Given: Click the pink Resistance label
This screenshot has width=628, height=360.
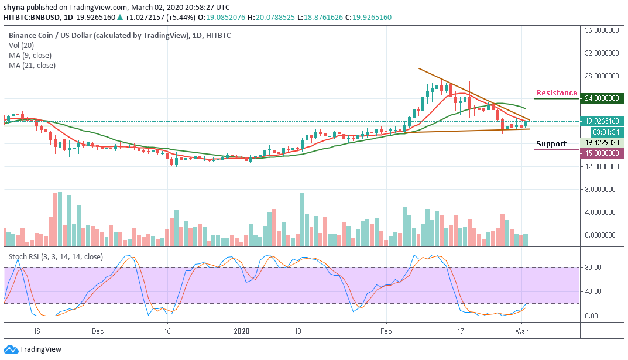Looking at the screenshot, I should [x=557, y=93].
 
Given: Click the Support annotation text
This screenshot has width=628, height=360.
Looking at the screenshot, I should [x=551, y=144].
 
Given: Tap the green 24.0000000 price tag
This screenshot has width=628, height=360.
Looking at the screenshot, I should [x=602, y=98].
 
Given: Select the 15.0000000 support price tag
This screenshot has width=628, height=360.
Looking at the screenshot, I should [x=602, y=153].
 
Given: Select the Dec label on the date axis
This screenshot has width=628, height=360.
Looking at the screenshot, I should [x=97, y=330].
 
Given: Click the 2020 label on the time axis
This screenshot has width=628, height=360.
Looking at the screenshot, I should [x=242, y=330].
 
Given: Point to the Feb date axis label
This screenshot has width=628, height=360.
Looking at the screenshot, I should [x=386, y=330].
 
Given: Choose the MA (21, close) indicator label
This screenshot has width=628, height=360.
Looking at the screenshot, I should [x=33, y=66].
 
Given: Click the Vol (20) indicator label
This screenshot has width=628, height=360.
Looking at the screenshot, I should [x=22, y=45].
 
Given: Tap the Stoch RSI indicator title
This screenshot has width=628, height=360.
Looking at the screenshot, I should [x=56, y=256].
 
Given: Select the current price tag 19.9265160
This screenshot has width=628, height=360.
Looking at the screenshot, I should [x=602, y=121].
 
